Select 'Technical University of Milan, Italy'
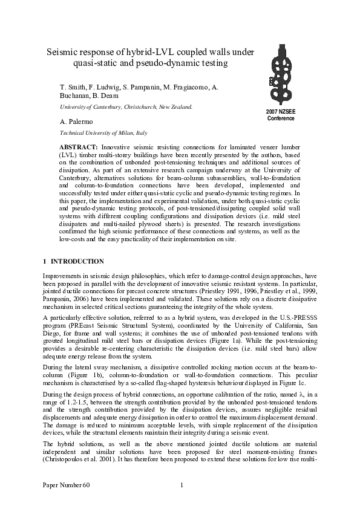(x=103, y=132)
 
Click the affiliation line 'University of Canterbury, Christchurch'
(x=125, y=107)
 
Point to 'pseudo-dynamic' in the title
(x=159, y=63)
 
